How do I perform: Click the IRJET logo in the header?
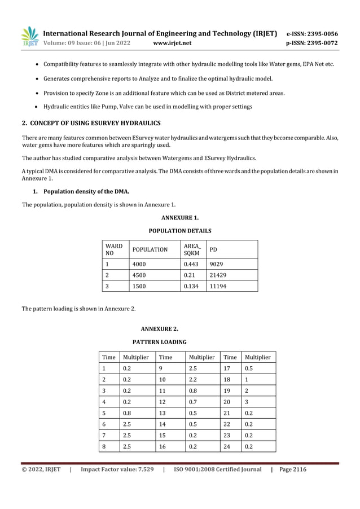29,37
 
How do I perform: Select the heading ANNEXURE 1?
179,217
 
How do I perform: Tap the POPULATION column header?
150,249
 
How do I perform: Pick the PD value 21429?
218,275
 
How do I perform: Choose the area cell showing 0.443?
192,264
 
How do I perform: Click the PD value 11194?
218,286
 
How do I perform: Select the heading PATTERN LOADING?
159,342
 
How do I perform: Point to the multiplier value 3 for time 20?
246,402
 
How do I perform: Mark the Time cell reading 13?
163,413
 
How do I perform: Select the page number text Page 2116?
293,469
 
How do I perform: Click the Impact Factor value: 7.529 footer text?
117,469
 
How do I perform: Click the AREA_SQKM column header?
192,249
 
